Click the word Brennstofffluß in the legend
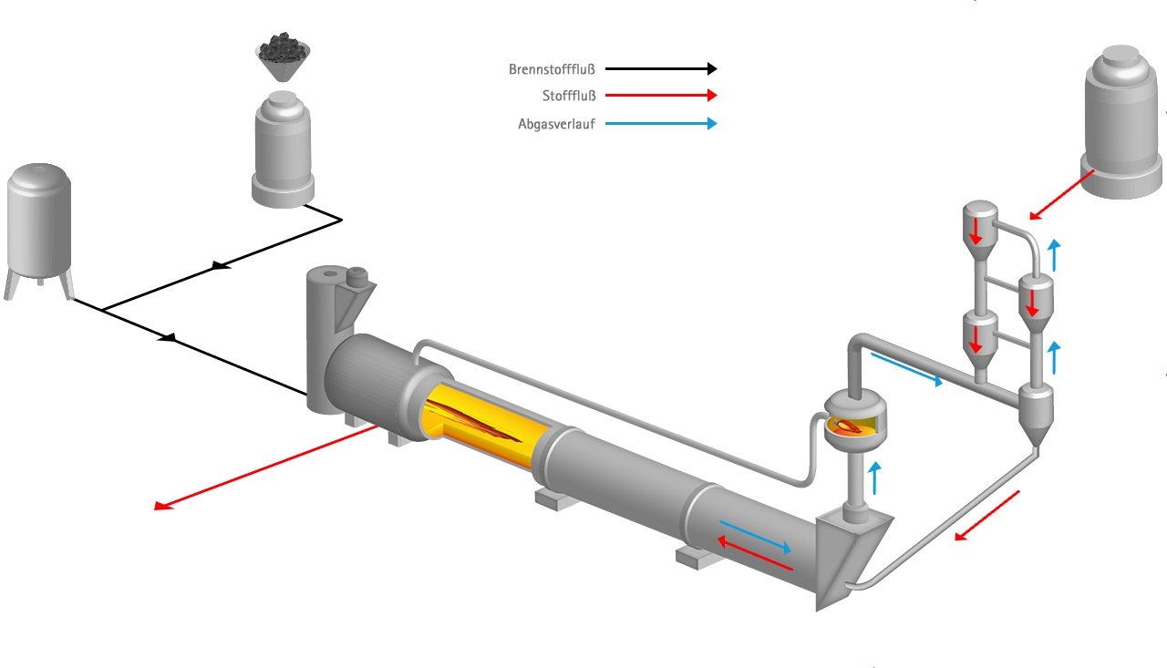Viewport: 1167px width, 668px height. pyautogui.click(x=552, y=68)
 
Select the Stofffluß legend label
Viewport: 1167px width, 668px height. pyautogui.click(x=568, y=96)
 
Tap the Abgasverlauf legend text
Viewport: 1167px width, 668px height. pyautogui.click(x=555, y=125)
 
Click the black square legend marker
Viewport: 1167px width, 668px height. pyautogui.click(x=712, y=68)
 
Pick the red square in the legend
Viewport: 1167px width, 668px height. pyautogui.click(x=712, y=95)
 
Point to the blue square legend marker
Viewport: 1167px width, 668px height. pyautogui.click(x=712, y=124)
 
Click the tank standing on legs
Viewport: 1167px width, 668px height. pyautogui.click(x=39, y=223)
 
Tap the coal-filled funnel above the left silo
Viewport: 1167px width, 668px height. pyautogui.click(x=283, y=57)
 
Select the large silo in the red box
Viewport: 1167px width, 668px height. pyautogui.click(x=1121, y=118)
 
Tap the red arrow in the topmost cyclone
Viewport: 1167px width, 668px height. pyautogui.click(x=976, y=230)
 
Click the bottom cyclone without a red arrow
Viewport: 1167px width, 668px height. pyautogui.click(x=1035, y=410)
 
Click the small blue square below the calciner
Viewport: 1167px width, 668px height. pyautogui.click(x=873, y=467)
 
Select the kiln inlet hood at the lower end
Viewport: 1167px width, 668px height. pyautogui.click(x=848, y=556)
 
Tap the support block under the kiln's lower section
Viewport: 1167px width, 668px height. pyautogui.click(x=697, y=557)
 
